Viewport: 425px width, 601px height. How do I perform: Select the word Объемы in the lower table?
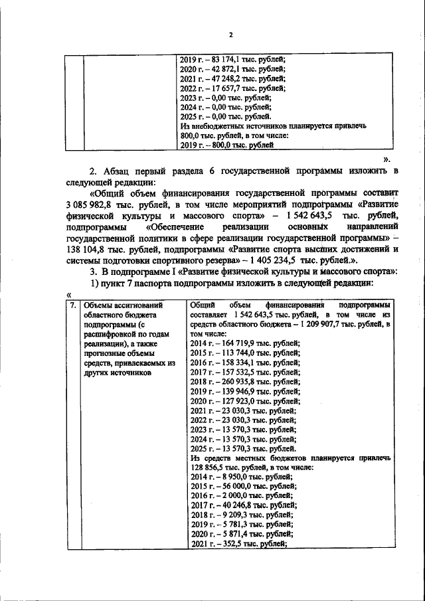pyautogui.click(x=99, y=305)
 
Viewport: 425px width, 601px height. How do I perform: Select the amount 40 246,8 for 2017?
pyautogui.click(x=226, y=505)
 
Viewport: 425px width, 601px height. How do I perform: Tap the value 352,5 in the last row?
pyautogui.click(x=226, y=544)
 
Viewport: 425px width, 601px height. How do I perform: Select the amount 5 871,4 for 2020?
pyautogui.click(x=224, y=535)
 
